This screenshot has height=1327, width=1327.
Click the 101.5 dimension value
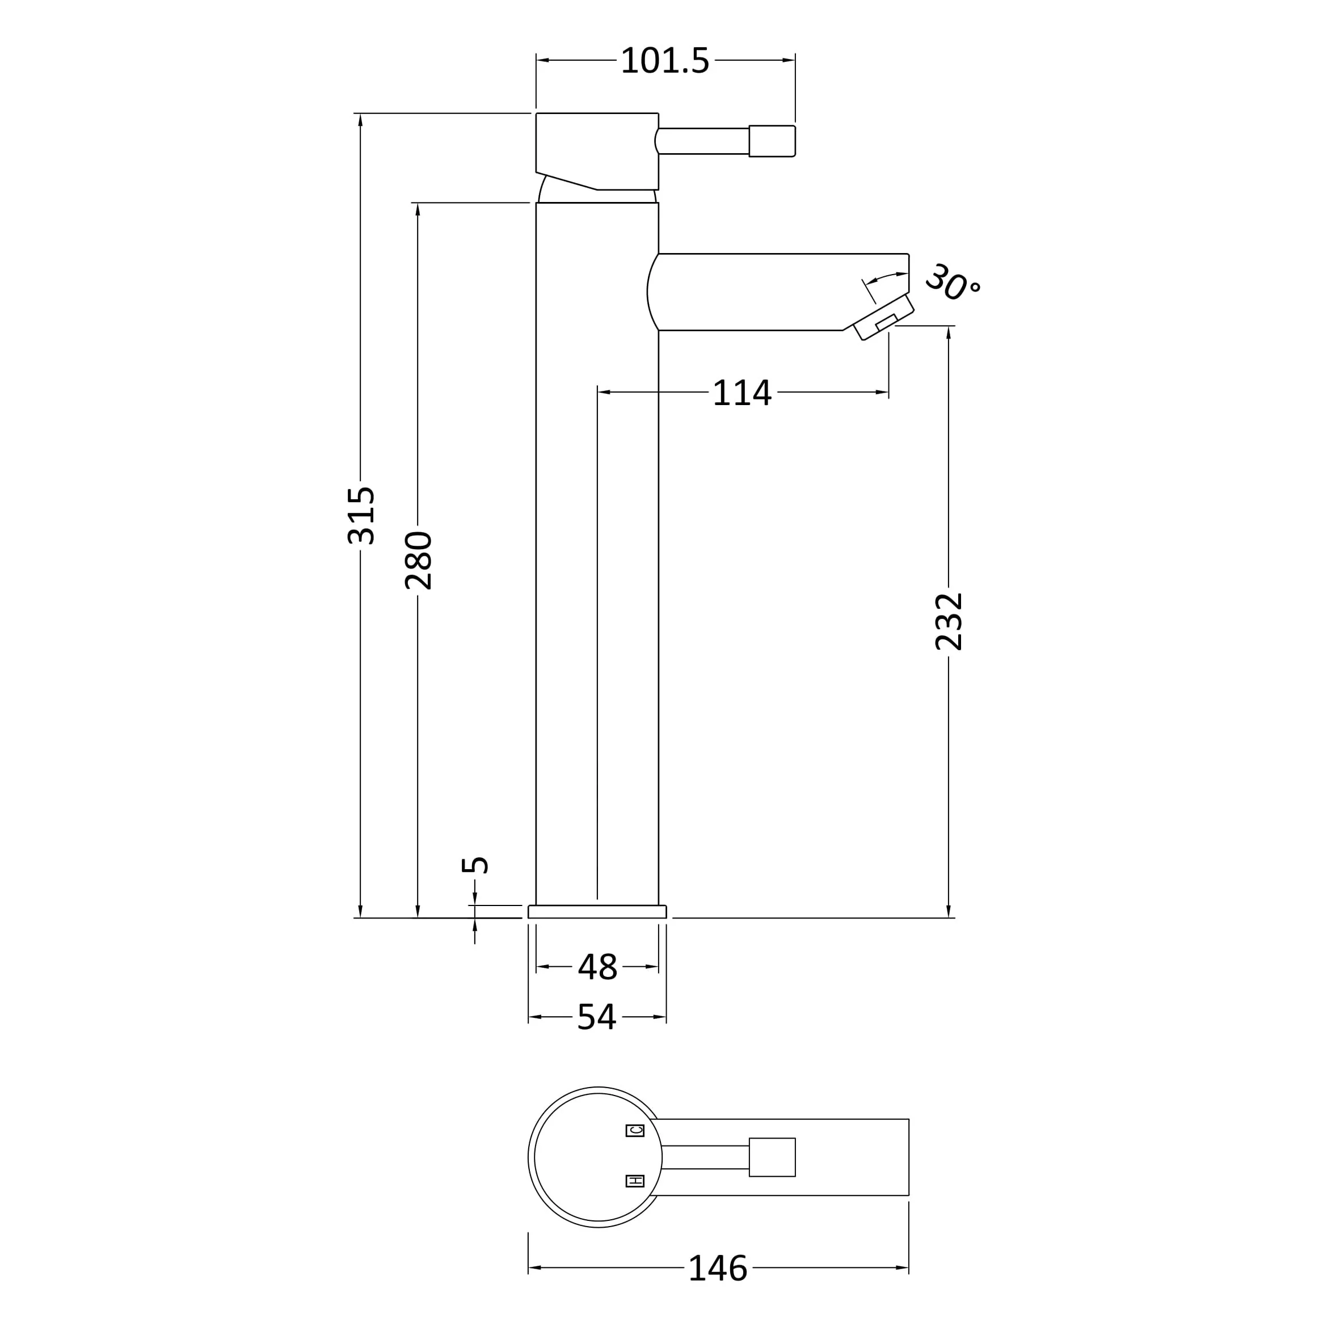click(664, 61)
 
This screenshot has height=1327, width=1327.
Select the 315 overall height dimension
click(361, 516)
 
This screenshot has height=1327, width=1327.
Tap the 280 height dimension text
click(418, 561)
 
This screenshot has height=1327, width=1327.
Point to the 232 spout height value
click(949, 622)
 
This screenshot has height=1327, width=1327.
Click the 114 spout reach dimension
click(743, 393)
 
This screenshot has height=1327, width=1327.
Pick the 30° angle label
click(953, 283)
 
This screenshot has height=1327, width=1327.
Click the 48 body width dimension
click(597, 967)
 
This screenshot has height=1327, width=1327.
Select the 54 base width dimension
click(597, 1017)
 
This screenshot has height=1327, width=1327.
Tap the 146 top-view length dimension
click(718, 1268)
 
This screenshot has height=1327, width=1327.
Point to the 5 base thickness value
click(475, 865)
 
